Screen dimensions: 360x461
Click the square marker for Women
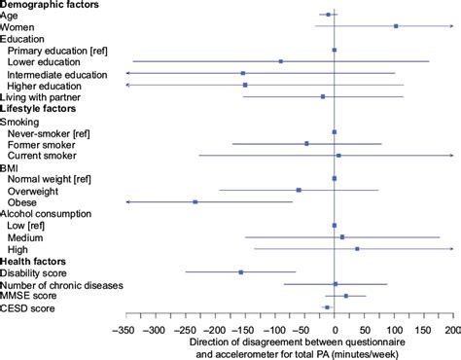[x=396, y=26]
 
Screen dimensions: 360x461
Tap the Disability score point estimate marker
[x=241, y=272]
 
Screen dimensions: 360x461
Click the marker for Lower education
[x=281, y=61]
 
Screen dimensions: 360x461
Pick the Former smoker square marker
[x=306, y=143]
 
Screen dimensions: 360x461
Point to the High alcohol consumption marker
[x=357, y=249]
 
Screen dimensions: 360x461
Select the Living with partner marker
[x=323, y=96]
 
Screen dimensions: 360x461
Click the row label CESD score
[x=27, y=308]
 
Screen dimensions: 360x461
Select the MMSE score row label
[x=29, y=296]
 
